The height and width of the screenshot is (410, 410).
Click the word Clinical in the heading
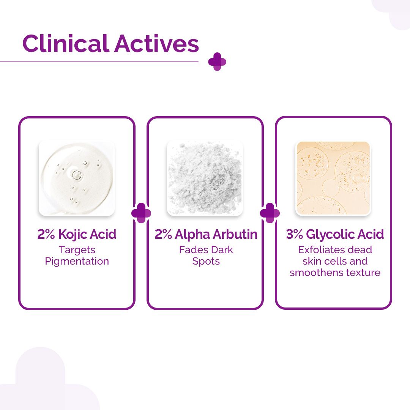click(x=66, y=44)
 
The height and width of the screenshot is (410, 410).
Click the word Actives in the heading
click(x=156, y=44)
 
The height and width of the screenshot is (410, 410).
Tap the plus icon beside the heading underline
click(x=217, y=61)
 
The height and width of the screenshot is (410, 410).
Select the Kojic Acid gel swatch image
click(x=77, y=178)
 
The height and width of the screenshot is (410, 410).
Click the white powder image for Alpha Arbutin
click(x=205, y=178)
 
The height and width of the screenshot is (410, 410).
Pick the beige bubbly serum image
click(x=333, y=178)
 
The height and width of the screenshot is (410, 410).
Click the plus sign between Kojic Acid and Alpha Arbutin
click(x=141, y=213)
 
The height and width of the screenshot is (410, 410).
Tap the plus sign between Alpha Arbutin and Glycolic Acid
click(x=270, y=213)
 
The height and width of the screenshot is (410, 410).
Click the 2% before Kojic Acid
click(x=46, y=235)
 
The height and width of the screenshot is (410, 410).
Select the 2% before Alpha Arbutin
click(x=164, y=235)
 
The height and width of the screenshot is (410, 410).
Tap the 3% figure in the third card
click(x=295, y=235)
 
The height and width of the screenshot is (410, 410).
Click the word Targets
click(x=77, y=250)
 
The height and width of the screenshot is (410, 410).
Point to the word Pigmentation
click(x=77, y=261)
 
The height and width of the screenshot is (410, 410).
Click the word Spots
click(x=206, y=261)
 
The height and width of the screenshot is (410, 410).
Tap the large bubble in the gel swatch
click(x=77, y=175)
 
